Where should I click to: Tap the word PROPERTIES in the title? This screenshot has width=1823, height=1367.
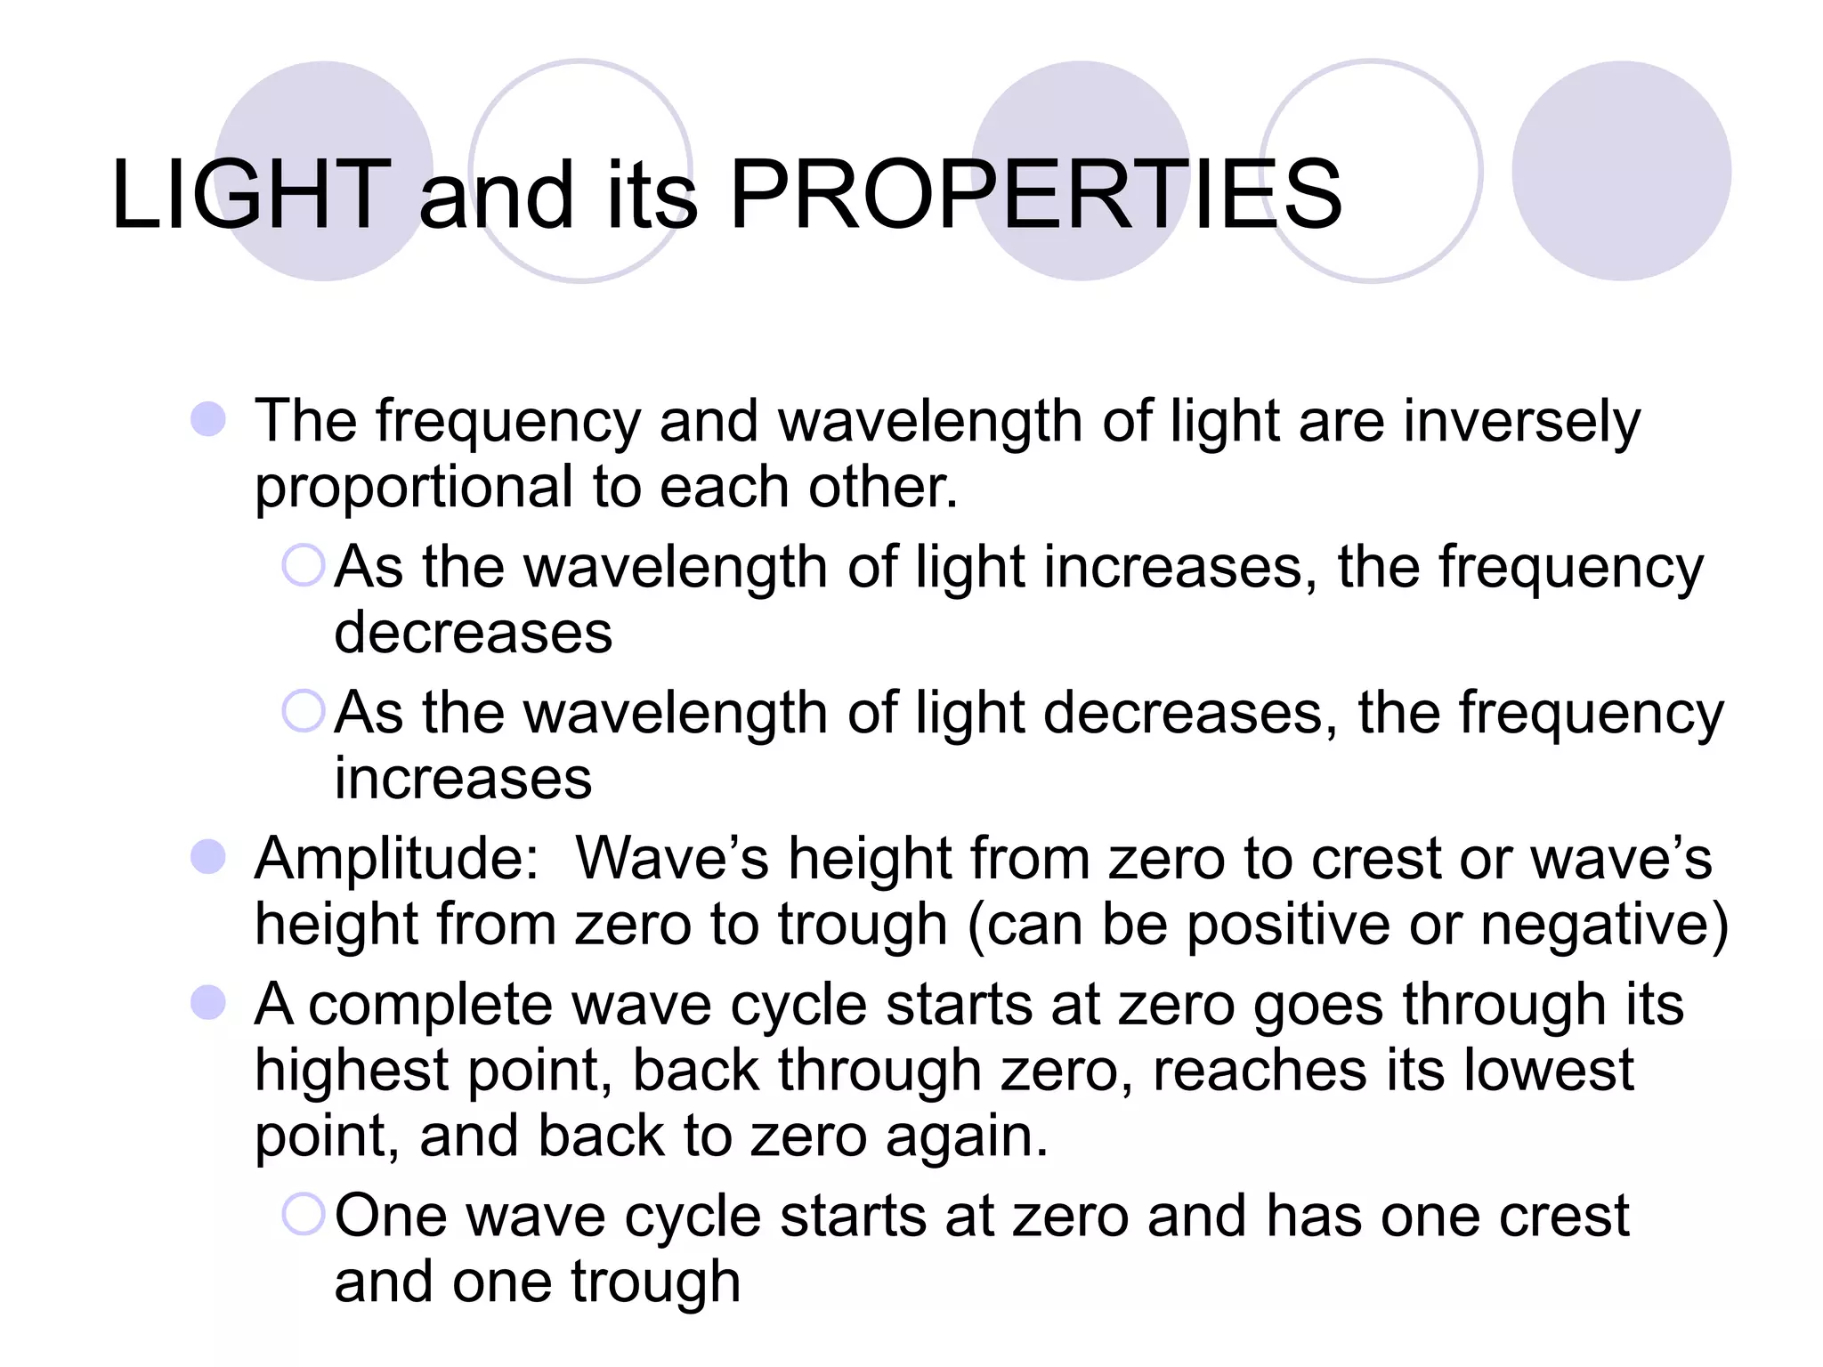coord(1035,194)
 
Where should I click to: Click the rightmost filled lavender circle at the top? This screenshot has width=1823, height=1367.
coord(1621,171)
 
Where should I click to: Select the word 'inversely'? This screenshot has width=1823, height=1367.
coord(1521,422)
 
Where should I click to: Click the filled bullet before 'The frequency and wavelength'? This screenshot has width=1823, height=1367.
coord(208,419)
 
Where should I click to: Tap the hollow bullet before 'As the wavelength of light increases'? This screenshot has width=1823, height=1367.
coord(304,565)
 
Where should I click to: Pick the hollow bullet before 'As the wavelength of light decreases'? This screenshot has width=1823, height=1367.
coord(304,711)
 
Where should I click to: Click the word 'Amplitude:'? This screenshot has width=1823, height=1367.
coord(397,860)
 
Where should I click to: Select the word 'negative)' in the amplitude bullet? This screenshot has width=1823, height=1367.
coord(1604,926)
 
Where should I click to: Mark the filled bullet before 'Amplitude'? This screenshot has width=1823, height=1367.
coord(208,857)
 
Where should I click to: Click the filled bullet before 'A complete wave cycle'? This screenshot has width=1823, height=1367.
coord(208,1003)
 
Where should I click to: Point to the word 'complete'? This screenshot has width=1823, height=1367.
coord(431,1007)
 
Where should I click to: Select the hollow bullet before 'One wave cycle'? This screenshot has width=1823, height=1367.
coord(304,1214)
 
